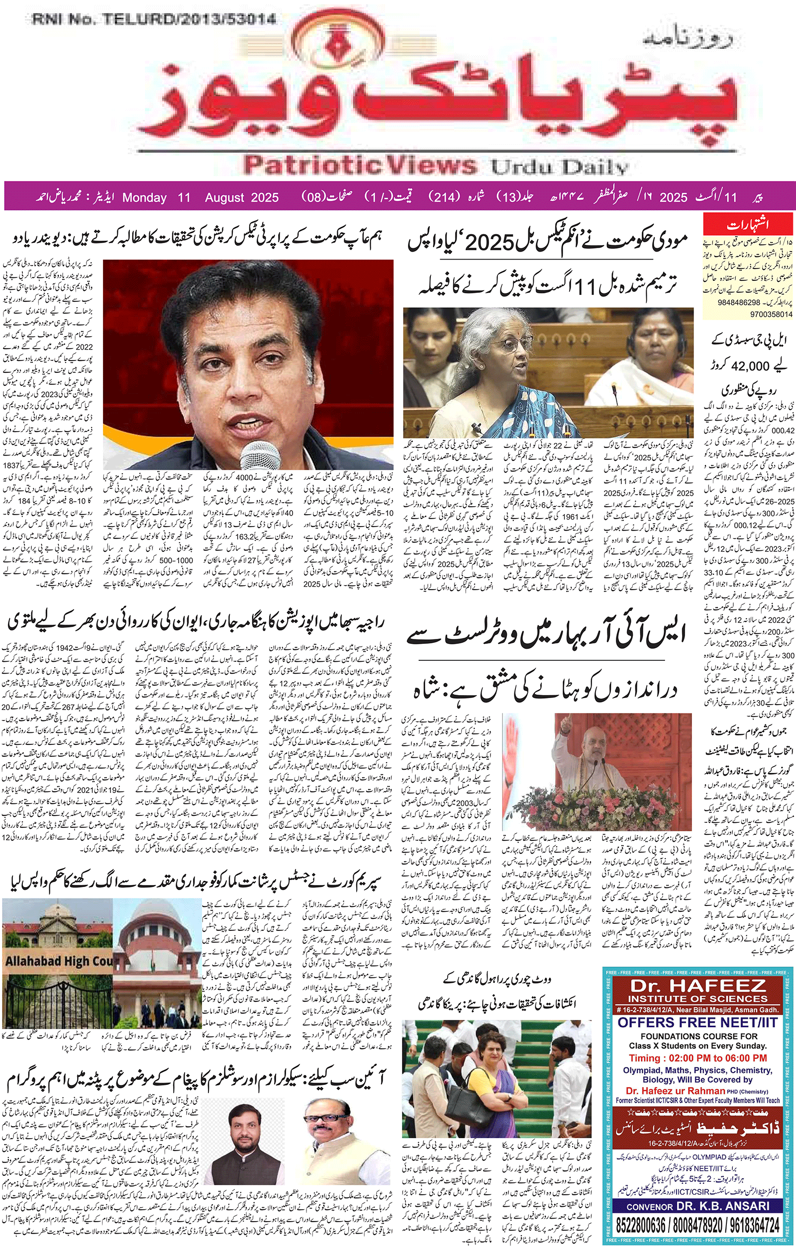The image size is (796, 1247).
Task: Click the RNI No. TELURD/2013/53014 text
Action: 153,20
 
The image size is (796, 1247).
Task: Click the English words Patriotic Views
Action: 360,165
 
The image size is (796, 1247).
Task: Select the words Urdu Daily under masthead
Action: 560,167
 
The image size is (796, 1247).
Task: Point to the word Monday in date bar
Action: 144,197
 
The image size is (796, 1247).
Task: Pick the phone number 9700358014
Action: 771,314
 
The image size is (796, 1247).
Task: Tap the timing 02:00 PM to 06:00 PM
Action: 697,1058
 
